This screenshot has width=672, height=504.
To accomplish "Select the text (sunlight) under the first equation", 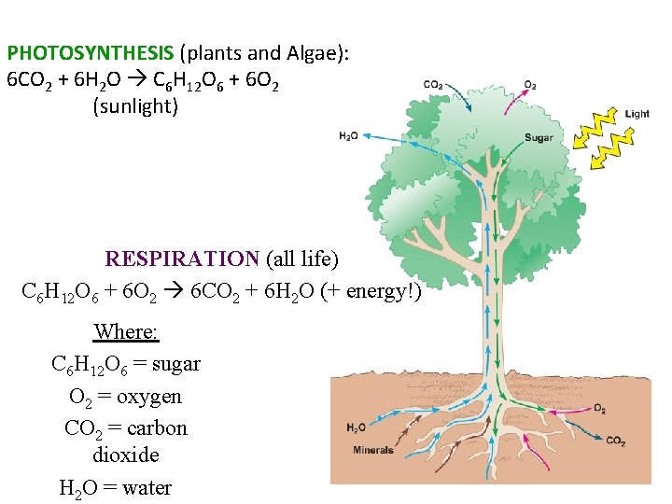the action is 135,105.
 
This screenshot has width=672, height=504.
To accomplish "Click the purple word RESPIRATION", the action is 182,259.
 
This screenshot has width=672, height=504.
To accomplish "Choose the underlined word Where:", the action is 126,332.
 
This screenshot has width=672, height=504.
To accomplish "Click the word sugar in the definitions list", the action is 175,364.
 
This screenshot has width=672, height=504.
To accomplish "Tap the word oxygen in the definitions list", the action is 150,397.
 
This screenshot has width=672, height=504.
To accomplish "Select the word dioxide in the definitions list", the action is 126,455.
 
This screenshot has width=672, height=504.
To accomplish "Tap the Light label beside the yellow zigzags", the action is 637,114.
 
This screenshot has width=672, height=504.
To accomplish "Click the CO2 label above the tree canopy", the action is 433,85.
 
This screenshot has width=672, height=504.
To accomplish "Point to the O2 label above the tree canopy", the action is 530,84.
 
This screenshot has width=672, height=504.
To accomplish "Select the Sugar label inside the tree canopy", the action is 539,138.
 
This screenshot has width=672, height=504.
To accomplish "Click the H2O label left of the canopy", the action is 348,136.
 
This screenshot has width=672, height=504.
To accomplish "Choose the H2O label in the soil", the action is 356,428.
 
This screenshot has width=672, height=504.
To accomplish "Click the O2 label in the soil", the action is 599,409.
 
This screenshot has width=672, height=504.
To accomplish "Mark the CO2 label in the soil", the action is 616,441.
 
